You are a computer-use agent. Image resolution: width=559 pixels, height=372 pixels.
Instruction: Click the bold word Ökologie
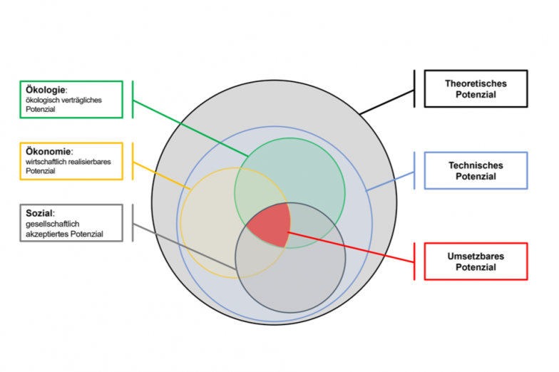(45, 90)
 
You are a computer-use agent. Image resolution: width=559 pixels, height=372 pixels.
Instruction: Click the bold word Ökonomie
(46, 151)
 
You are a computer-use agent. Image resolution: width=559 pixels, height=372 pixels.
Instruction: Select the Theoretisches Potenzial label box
(476, 88)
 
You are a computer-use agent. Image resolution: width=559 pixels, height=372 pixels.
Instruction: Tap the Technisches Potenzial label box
(476, 170)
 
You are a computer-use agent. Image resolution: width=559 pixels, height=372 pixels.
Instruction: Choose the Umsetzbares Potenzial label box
(476, 262)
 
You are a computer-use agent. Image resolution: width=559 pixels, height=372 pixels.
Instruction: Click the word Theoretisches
(476, 83)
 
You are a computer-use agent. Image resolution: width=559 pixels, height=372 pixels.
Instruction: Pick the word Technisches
(476, 165)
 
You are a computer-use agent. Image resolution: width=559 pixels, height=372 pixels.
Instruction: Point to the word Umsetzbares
(476, 257)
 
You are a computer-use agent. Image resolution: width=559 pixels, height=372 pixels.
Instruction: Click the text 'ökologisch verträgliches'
(63, 100)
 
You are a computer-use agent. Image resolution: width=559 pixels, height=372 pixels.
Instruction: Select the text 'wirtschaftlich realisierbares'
(68, 162)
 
